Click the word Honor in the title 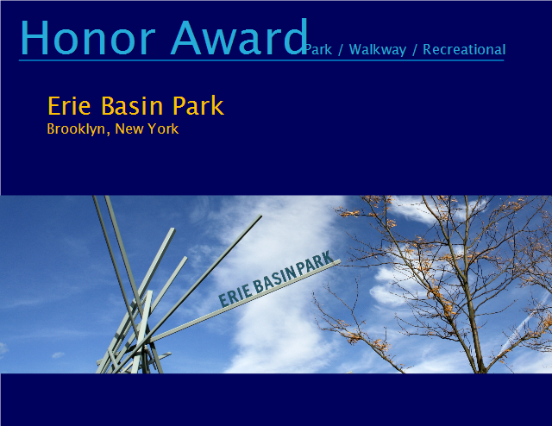[x=88, y=37]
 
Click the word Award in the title [x=239, y=37]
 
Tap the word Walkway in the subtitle [x=378, y=50]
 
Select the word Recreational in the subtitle [x=464, y=50]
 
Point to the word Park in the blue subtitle [x=318, y=50]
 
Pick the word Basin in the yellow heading [x=132, y=105]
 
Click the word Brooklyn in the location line [x=76, y=129]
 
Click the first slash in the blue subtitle [x=341, y=50]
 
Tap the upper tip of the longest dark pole [x=260, y=216]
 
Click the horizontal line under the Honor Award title [x=261, y=60]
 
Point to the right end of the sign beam [x=340, y=261]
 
